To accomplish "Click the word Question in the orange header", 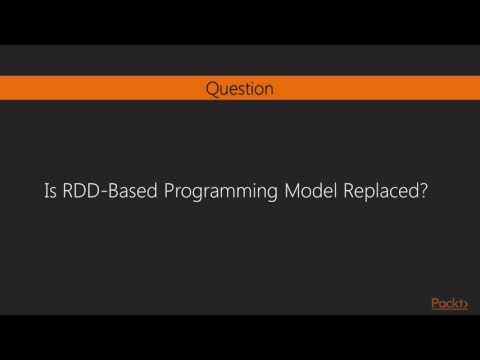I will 239,88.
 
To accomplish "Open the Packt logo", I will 449,303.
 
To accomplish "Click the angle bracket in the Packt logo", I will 465,303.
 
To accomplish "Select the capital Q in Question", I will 212,88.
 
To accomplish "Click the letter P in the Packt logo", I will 435,303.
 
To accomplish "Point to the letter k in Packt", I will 455,303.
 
